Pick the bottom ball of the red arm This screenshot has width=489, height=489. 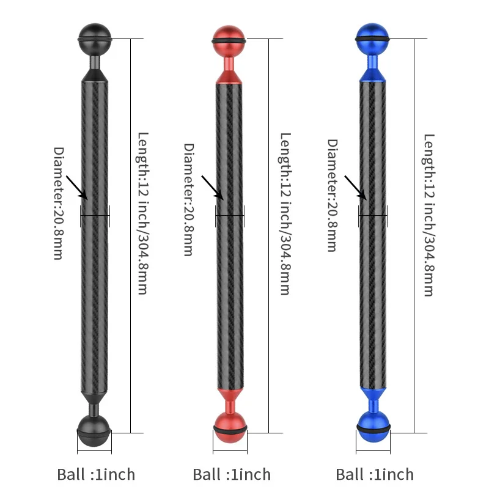point(230,427)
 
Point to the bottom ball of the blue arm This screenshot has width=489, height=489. point(373,426)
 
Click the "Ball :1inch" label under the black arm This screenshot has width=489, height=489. point(96,474)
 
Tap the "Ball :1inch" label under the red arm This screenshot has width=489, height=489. point(232,474)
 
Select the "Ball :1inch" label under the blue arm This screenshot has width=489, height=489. point(375,474)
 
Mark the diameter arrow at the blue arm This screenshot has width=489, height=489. point(355,186)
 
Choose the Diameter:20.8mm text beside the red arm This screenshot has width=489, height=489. point(189,199)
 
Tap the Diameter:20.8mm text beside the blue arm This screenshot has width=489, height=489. point(333,195)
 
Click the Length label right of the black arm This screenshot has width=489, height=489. point(142,214)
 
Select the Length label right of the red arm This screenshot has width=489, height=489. point(284,214)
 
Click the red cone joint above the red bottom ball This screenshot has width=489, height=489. point(230,396)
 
